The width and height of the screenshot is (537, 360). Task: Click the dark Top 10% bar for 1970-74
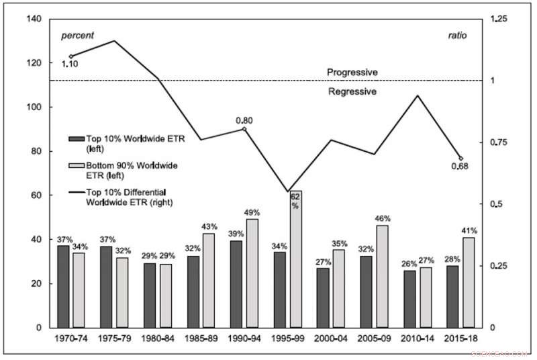(x=62, y=287)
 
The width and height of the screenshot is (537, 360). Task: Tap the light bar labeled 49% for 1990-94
(x=252, y=273)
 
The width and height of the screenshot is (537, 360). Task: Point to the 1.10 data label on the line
(x=70, y=64)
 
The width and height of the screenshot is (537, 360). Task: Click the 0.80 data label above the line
(x=244, y=120)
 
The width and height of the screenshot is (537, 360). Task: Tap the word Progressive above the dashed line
(x=352, y=72)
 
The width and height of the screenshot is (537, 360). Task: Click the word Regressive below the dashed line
(x=352, y=91)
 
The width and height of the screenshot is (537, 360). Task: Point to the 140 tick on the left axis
(x=32, y=19)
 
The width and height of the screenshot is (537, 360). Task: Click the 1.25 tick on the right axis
(x=497, y=19)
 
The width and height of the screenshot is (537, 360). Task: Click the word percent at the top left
(x=78, y=35)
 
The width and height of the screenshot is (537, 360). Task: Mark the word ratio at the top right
(x=457, y=35)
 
